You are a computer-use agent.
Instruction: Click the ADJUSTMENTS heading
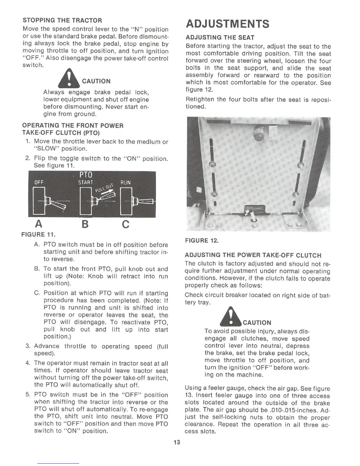point(227,24)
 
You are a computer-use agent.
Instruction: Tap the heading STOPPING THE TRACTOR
point(62,21)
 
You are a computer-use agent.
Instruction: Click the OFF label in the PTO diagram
point(39,182)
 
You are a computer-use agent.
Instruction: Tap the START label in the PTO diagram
point(86,182)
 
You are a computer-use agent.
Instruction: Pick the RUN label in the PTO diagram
point(125,182)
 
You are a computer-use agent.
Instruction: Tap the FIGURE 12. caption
point(202,241)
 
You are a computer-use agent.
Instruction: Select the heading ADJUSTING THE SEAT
point(220,38)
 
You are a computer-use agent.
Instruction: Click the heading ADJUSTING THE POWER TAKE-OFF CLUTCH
point(253,255)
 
